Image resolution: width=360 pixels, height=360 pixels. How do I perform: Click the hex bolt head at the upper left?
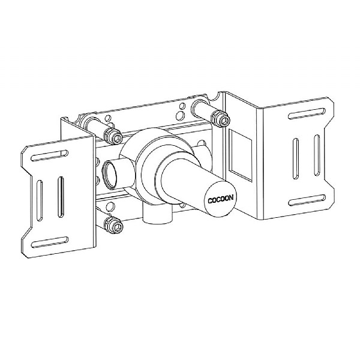pos(112,135)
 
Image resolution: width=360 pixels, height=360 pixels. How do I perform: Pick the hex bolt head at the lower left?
pos(115,226)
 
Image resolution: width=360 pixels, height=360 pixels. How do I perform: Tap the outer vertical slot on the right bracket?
pos(317,153)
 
